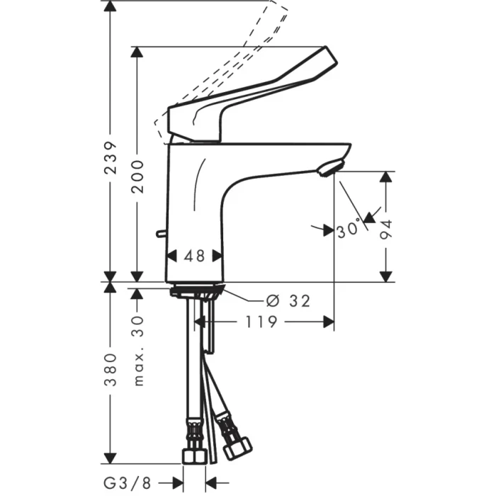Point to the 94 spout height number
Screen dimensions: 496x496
point(385,229)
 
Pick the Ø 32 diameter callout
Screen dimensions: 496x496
point(290,301)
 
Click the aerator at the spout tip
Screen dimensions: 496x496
point(329,168)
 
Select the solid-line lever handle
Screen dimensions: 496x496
point(248,99)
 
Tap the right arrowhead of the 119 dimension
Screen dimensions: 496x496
point(329,322)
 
